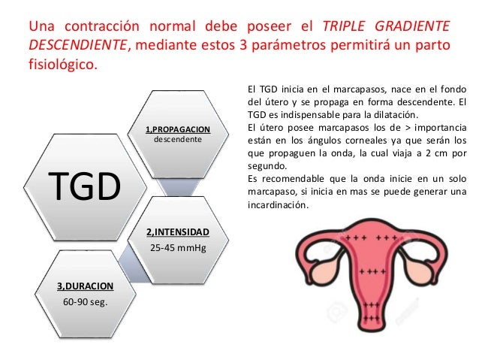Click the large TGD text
[84, 186]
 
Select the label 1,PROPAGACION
[178, 129]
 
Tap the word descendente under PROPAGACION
[177, 140]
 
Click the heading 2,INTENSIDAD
[177, 231]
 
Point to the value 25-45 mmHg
[177, 247]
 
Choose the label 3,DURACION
[85, 286]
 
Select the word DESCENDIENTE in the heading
[77, 45]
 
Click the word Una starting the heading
[41, 27]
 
